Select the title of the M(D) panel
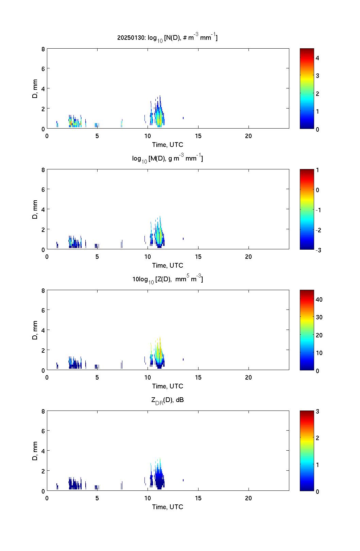point(167,158)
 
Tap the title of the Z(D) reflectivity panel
point(167,279)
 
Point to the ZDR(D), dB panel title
point(167,400)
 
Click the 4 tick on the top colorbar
point(318,58)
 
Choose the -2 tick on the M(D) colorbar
point(318,230)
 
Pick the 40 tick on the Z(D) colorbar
point(319,299)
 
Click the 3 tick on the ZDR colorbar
point(318,412)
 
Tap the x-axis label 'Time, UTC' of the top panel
point(167,145)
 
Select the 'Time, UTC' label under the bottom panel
point(167,507)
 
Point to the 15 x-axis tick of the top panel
point(198,136)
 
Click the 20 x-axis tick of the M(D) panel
point(248,257)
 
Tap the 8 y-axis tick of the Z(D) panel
point(43,290)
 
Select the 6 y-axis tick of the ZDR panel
point(43,431)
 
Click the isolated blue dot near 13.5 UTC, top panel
point(183,118)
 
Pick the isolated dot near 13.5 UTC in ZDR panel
point(183,480)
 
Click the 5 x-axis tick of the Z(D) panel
point(97,378)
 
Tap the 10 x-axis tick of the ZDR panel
point(148,498)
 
